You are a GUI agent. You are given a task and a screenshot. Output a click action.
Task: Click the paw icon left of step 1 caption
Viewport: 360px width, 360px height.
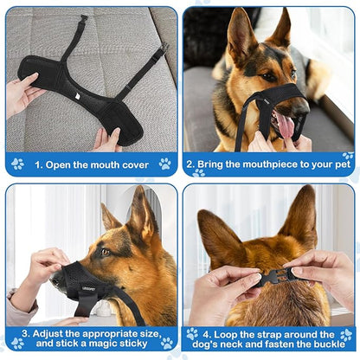[17, 163]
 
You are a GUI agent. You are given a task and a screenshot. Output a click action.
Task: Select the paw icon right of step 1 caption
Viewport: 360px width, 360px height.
[164, 163]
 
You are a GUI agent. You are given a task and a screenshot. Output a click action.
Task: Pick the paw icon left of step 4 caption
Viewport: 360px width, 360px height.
[192, 334]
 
